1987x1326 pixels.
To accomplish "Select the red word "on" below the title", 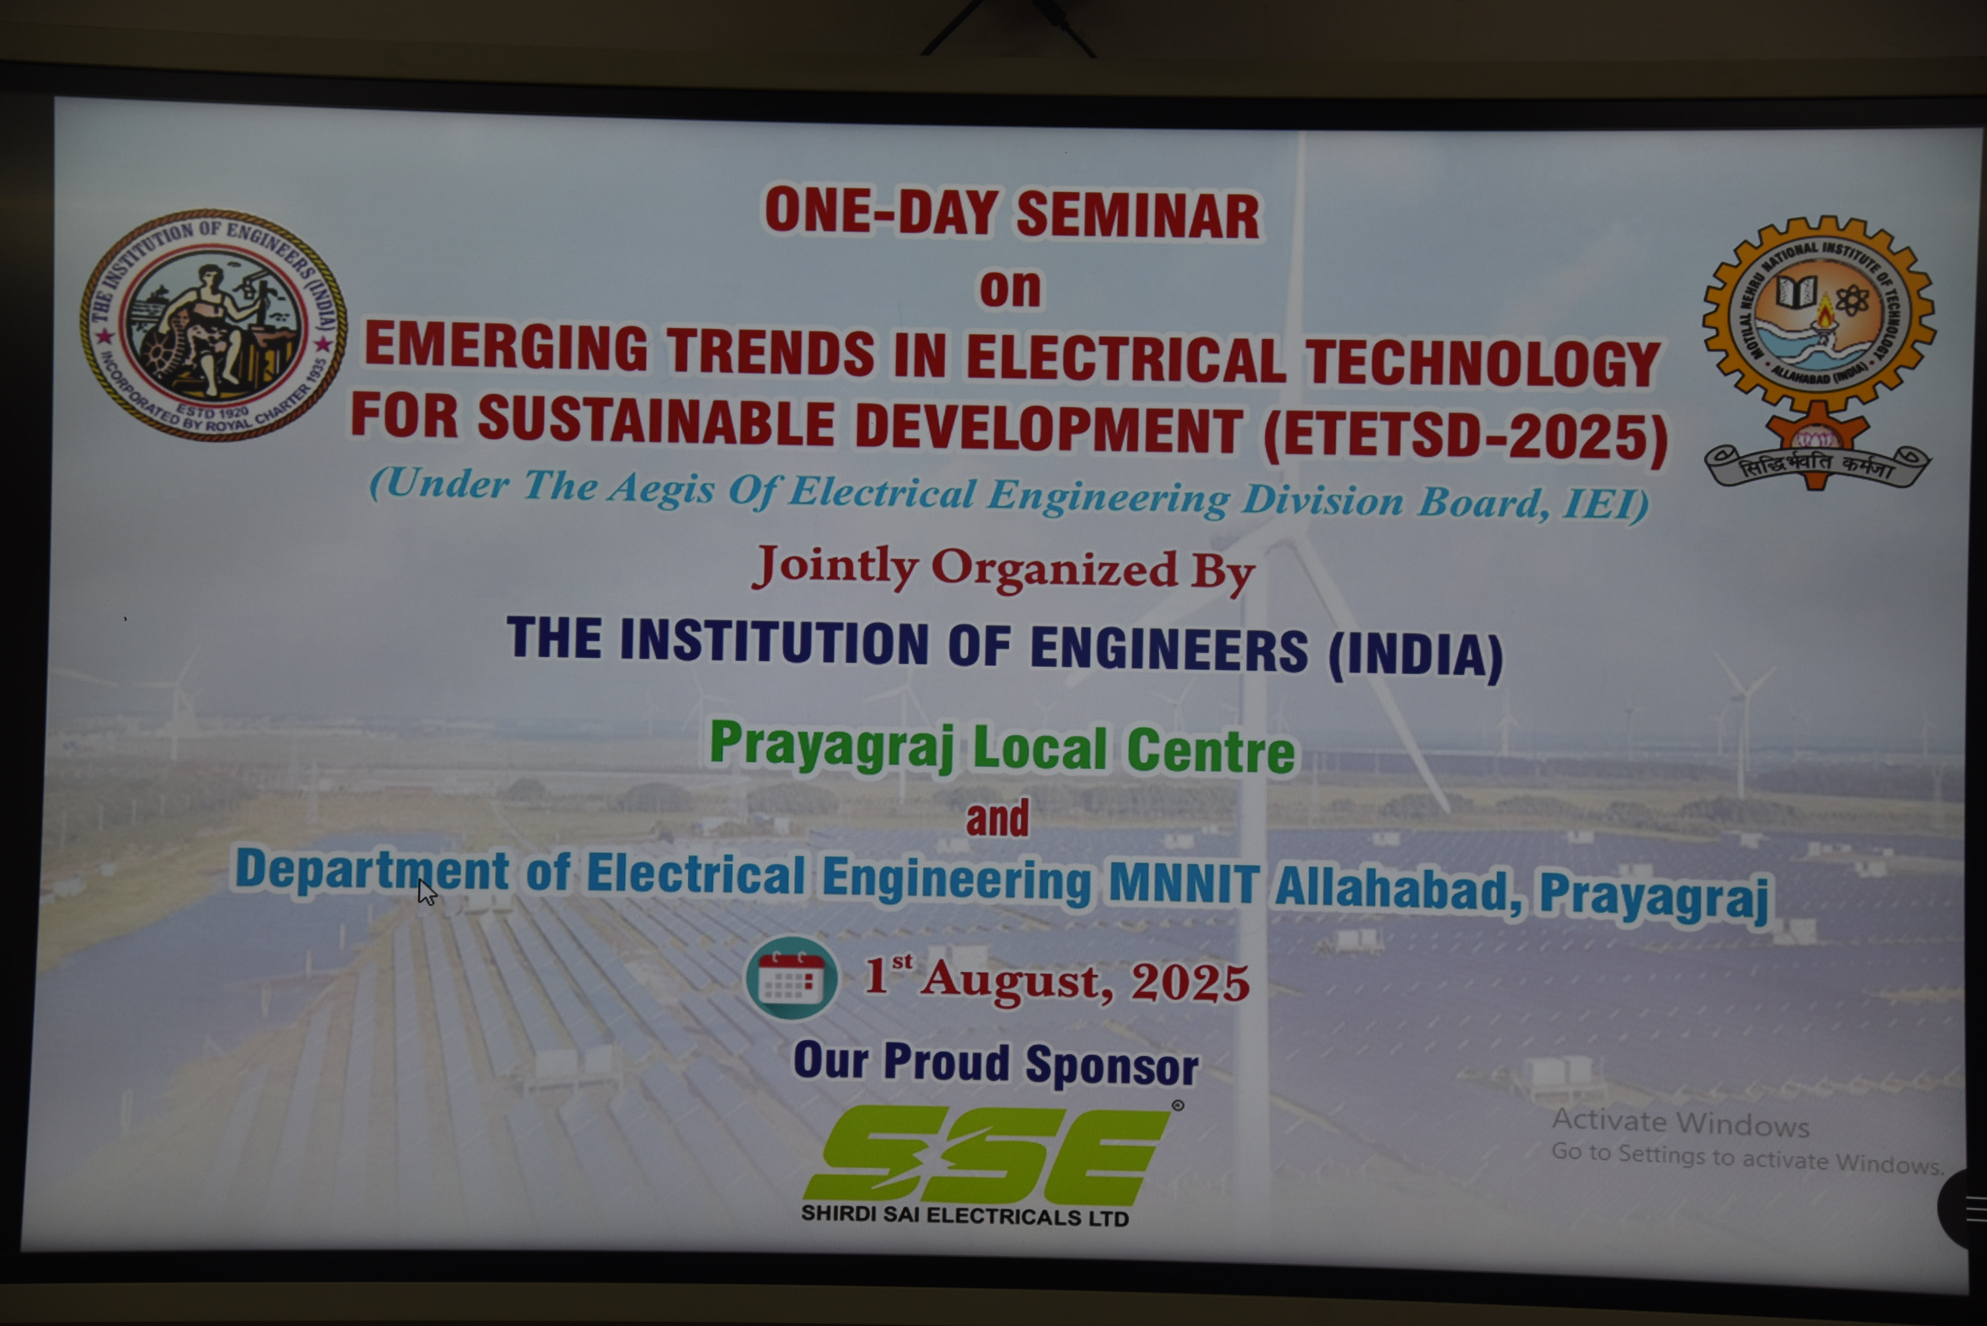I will click(x=1010, y=288).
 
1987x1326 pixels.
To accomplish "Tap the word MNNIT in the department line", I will click(x=1184, y=884).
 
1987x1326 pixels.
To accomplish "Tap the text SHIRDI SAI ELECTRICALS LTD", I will click(x=964, y=1216).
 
